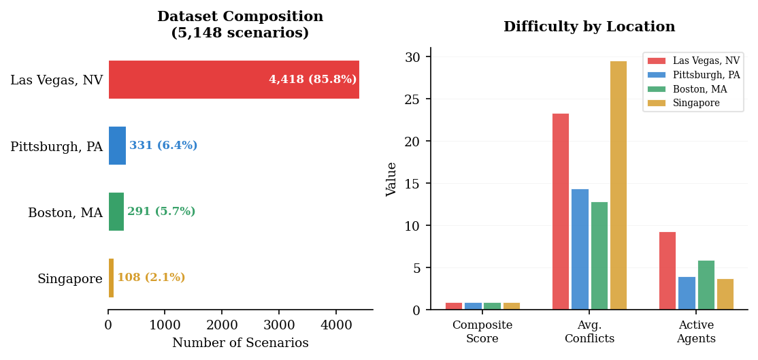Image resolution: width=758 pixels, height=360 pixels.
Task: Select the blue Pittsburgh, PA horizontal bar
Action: tap(117, 146)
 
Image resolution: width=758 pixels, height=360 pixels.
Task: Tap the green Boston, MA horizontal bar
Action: tap(116, 212)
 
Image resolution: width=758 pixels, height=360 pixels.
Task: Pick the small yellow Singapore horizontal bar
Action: tap(111, 278)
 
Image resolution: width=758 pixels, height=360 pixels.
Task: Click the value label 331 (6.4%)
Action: tap(163, 146)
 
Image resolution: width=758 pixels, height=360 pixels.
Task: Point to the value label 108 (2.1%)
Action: tap(151, 278)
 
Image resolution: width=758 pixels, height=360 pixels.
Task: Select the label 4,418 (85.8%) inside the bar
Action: tap(312, 80)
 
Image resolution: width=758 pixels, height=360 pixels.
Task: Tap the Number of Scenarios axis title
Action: tap(240, 343)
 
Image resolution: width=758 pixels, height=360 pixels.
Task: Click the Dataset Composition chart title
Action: tap(240, 24)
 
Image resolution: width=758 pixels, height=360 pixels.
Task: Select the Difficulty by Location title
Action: tap(589, 27)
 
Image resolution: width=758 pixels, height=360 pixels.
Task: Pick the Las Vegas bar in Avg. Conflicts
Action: tap(561, 212)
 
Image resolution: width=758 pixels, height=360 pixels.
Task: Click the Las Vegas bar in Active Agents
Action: tap(668, 271)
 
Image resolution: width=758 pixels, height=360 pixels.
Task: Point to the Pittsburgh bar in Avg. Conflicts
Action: tap(580, 249)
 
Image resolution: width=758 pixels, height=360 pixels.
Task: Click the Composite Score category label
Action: tap(482, 332)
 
